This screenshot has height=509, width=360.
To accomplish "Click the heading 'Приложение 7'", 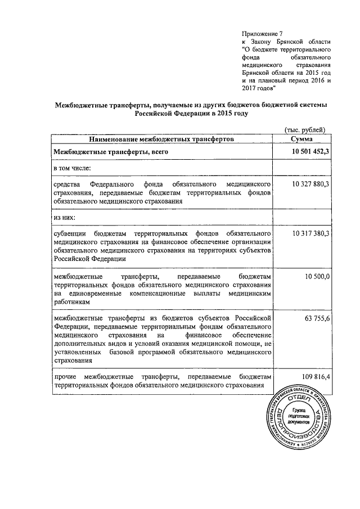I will [x=262, y=34].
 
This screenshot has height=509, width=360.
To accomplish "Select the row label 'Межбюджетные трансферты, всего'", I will [x=110, y=152].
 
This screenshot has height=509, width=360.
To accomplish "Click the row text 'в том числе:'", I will [x=73, y=168].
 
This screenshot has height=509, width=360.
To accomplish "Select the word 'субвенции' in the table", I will [x=70, y=232].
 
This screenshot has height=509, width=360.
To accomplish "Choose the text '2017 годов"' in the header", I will [x=259, y=88].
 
